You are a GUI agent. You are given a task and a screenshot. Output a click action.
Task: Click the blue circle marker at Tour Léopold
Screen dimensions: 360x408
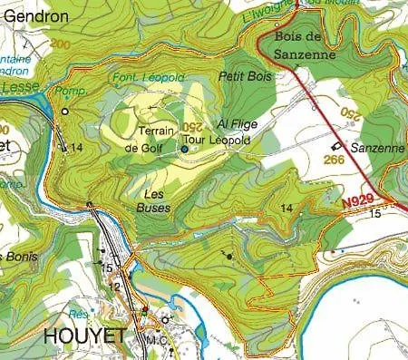[184, 148]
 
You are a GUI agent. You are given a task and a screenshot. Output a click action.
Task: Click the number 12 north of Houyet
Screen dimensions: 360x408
[114, 287]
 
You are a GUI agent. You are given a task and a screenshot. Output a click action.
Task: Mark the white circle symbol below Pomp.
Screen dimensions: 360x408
[64, 112]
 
